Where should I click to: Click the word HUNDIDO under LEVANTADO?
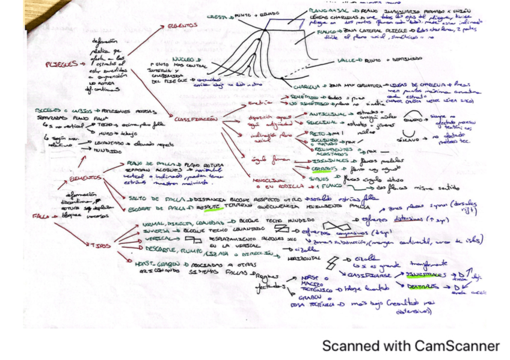pos(105,151)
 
